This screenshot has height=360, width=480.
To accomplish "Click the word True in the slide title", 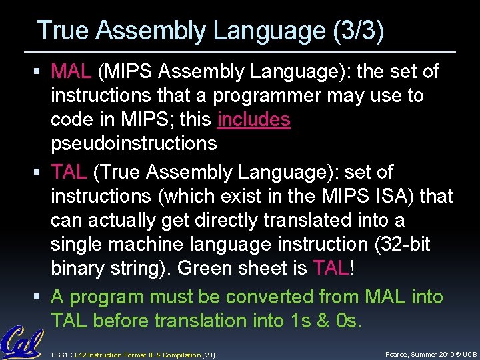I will click(62, 31).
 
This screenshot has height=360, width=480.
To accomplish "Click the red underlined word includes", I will click(254, 119).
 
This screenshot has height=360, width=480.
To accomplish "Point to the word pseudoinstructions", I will click(134, 143).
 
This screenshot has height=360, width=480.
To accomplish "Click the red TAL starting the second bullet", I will click(69, 172).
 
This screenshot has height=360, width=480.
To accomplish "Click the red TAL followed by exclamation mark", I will click(331, 268).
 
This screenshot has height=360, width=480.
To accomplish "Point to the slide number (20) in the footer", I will click(207, 354).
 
